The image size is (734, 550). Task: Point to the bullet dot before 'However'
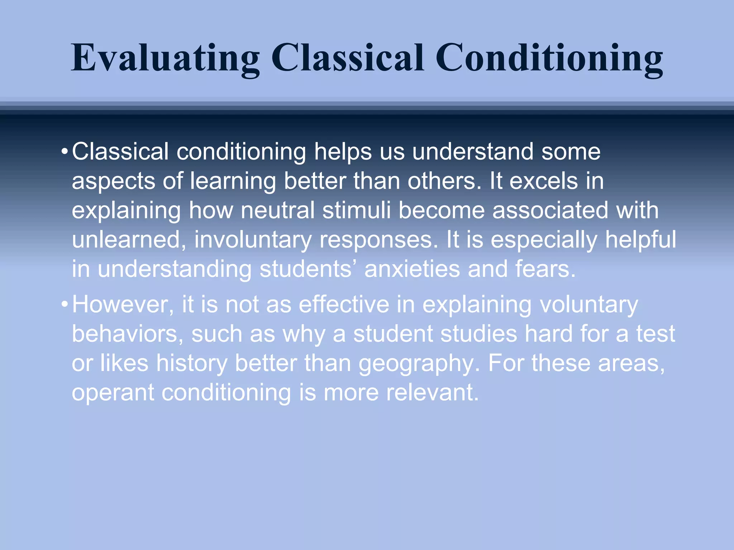[x=64, y=305]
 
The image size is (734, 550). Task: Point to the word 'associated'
[x=550, y=210]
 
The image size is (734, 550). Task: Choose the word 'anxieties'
[x=412, y=269]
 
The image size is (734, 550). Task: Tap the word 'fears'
[x=545, y=269]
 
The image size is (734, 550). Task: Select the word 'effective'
[x=344, y=305]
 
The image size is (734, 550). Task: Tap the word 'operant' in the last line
[x=113, y=394]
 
